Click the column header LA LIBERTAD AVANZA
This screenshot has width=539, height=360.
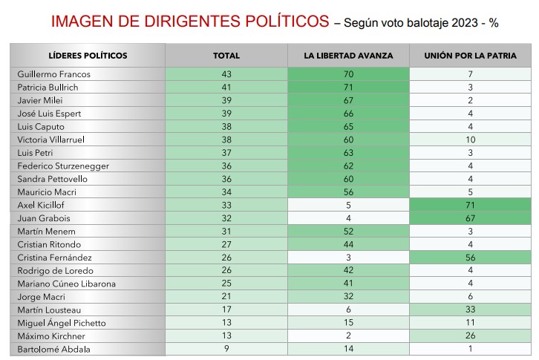coord(347,56)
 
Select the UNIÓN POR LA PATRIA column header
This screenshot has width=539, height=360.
coord(470,56)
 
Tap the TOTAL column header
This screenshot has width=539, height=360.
coord(226,56)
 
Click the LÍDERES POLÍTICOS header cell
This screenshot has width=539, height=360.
coord(88,56)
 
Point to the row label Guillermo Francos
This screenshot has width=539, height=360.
coord(51,75)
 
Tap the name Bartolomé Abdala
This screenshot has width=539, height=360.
coord(50,349)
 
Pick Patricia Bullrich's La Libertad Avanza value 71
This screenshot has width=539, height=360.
coord(347,88)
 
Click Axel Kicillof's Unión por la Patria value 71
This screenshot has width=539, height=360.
coord(470,205)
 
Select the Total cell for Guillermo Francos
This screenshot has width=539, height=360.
coord(226,75)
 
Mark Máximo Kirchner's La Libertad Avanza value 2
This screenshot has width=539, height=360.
coord(347,336)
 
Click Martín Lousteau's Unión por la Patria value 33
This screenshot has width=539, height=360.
coord(470,310)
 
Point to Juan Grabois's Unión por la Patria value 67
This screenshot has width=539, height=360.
coord(470,218)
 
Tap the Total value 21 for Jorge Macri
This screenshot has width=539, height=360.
coord(226,296)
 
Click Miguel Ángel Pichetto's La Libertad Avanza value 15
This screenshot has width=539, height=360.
coord(347,322)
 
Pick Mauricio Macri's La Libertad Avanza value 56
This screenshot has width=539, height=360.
coord(347,192)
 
